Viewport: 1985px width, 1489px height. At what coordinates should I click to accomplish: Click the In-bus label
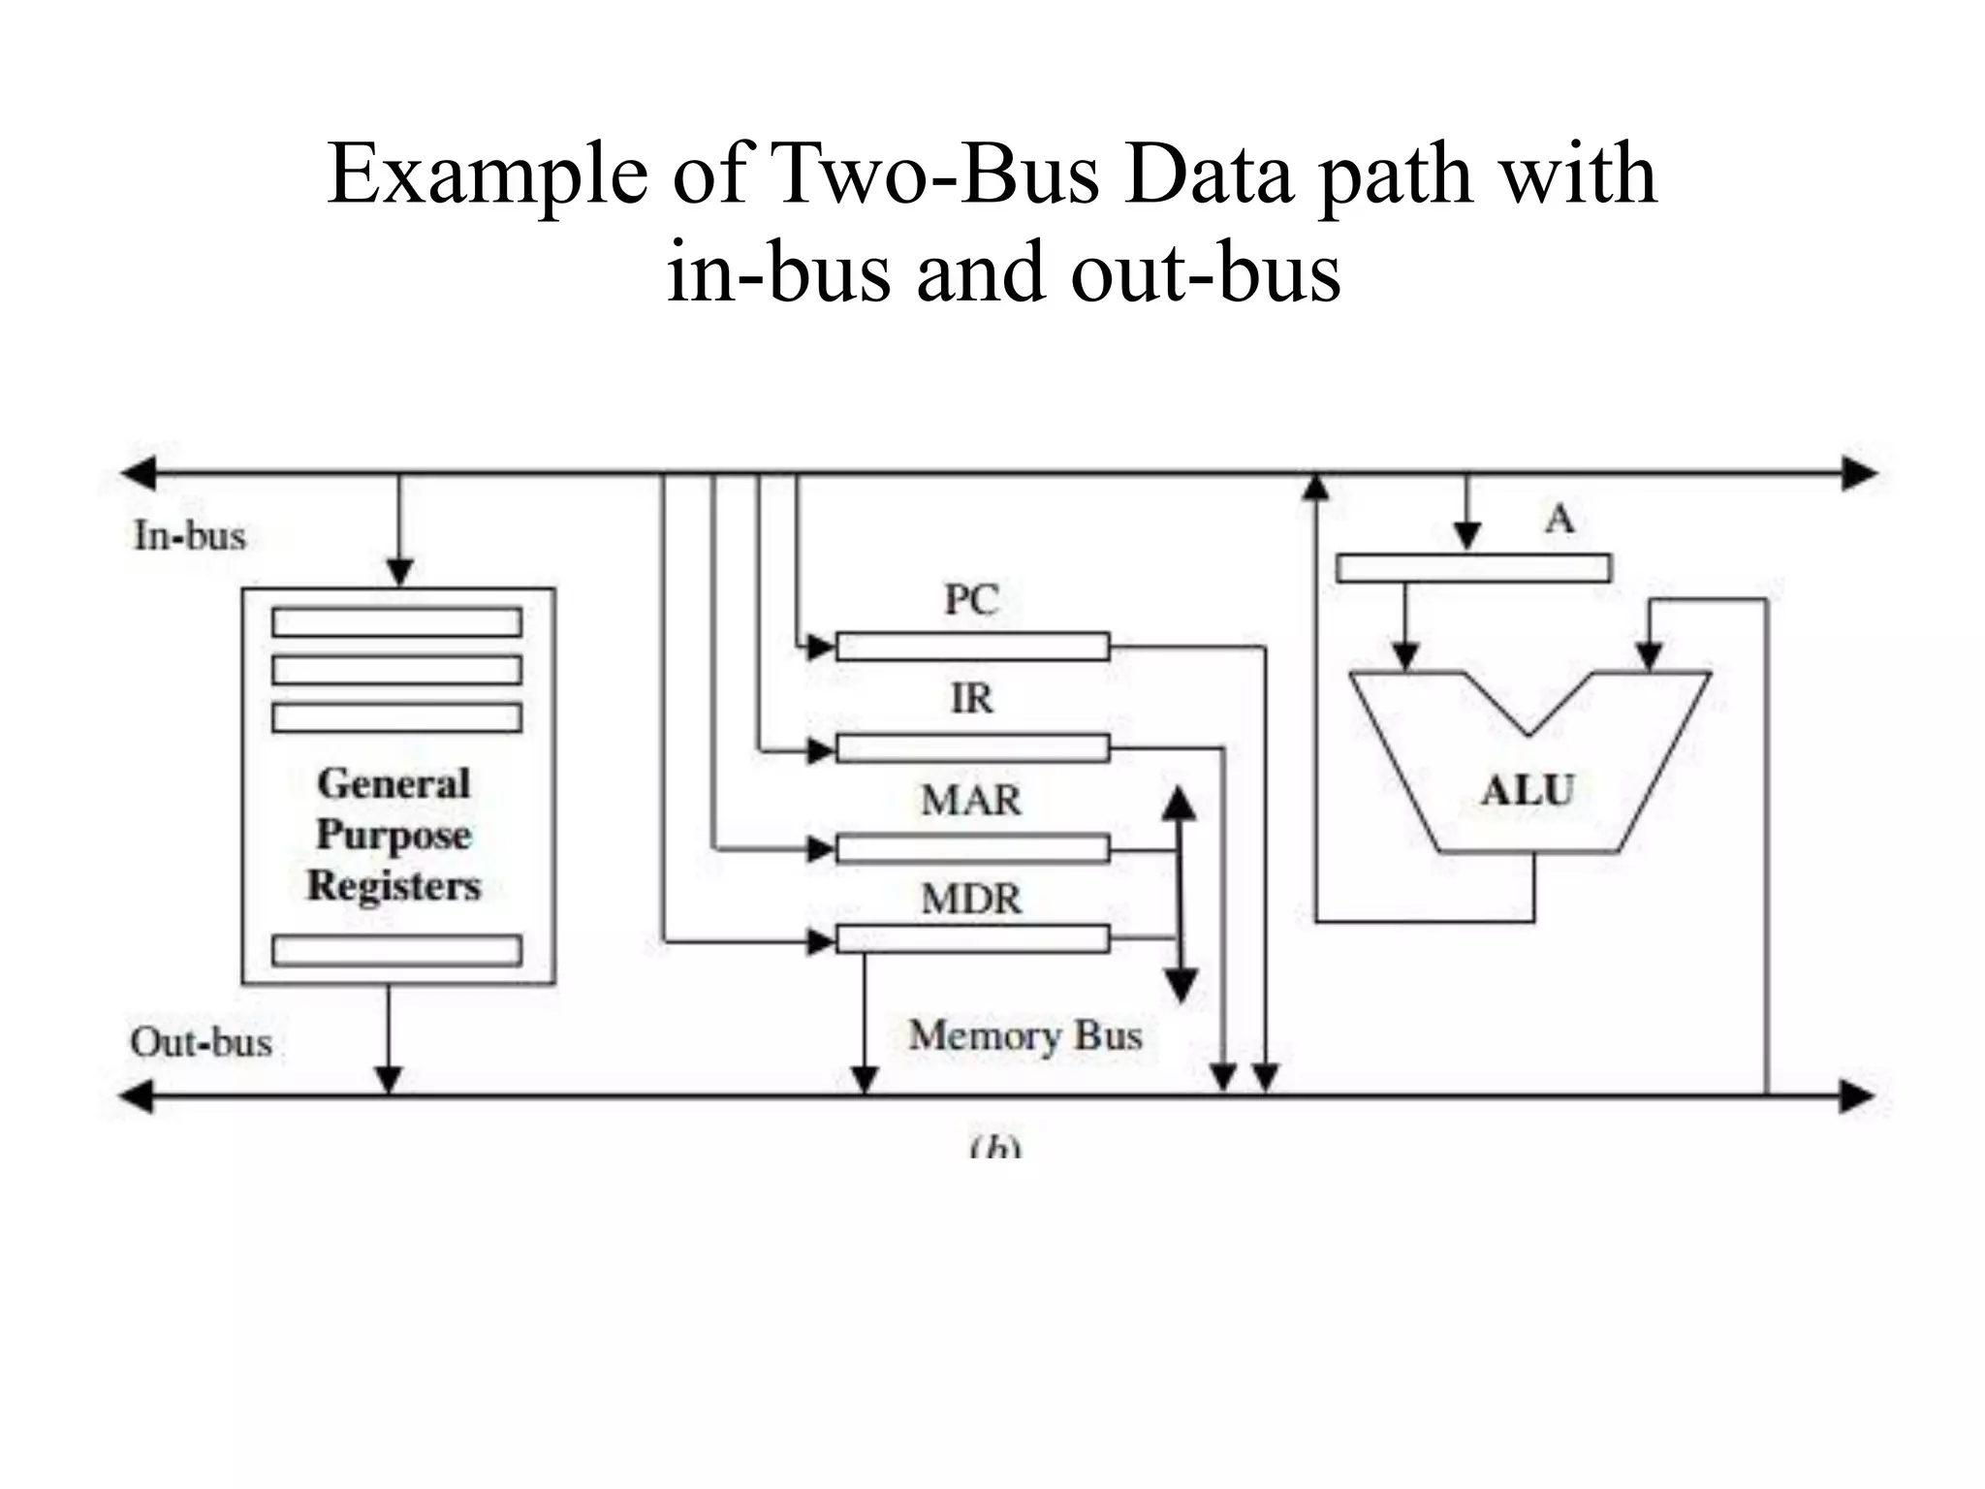point(190,536)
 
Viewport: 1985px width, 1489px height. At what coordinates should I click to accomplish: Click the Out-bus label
point(202,1043)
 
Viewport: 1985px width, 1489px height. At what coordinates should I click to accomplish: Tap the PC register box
point(972,647)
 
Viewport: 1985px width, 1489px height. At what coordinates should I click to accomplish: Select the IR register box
point(972,748)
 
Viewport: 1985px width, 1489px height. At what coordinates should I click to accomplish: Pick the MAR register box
point(972,849)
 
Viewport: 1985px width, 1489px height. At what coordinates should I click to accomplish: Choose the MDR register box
point(972,939)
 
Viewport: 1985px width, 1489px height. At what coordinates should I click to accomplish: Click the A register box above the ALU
point(1473,568)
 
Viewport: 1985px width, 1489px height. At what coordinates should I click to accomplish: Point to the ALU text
point(1528,791)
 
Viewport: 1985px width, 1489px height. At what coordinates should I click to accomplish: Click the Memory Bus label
point(1025,1035)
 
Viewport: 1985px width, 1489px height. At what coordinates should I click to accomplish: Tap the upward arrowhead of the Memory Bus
point(1179,803)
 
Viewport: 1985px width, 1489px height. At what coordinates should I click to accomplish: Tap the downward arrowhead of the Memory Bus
point(1180,986)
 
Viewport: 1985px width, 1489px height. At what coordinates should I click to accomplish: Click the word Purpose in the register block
point(394,836)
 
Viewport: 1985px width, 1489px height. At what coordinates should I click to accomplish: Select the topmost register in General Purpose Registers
point(396,622)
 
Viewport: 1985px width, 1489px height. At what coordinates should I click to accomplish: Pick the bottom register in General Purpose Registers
point(396,951)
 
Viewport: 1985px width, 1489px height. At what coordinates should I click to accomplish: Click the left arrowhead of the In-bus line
point(138,474)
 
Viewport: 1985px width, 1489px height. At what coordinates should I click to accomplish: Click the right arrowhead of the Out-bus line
point(1856,1097)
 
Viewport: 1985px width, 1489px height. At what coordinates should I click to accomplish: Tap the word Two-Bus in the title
point(935,174)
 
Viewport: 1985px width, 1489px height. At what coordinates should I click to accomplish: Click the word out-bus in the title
point(1206,272)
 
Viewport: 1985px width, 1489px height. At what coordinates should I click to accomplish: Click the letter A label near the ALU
point(1559,520)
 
